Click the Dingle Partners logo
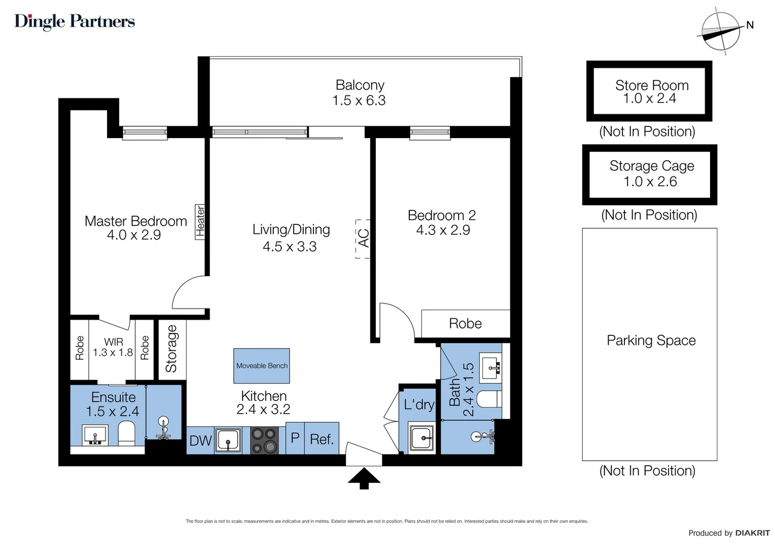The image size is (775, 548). (x=75, y=21)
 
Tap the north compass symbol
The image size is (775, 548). (x=720, y=31)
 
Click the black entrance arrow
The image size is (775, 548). (x=364, y=478)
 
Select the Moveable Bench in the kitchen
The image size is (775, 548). (x=262, y=365)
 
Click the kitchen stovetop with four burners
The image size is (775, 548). (x=264, y=440)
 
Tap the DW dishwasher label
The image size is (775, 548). (x=200, y=440)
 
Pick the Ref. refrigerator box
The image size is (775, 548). (x=322, y=439)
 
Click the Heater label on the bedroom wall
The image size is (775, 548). (x=200, y=221)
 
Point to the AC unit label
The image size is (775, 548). (x=363, y=238)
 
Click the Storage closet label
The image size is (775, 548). (x=171, y=349)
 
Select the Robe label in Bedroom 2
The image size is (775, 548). (x=465, y=323)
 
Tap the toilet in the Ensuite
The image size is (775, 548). (x=126, y=434)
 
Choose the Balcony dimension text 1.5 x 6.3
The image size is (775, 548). (x=359, y=100)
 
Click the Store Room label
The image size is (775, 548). (x=652, y=85)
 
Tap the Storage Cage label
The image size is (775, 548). (x=652, y=166)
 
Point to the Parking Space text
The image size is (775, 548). (x=651, y=340)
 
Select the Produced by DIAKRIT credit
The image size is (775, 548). (x=729, y=533)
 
